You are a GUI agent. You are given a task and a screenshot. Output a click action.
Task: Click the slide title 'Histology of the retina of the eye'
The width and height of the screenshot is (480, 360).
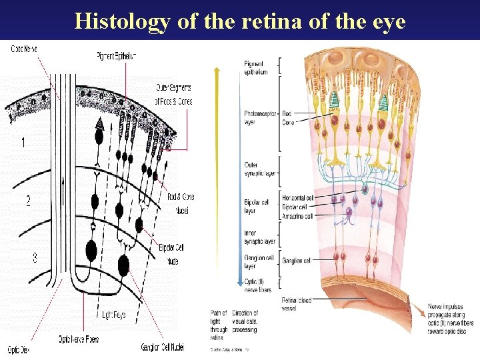tap(240, 21)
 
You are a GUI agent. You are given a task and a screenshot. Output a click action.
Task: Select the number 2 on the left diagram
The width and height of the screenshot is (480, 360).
tap(28, 201)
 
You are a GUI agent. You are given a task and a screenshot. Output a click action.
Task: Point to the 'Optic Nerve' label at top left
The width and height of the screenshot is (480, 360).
tap(25, 49)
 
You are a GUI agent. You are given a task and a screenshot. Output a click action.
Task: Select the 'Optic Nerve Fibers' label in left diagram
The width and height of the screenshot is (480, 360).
tap(78, 339)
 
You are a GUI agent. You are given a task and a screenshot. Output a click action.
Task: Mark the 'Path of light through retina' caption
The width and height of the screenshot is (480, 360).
tap(219, 324)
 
